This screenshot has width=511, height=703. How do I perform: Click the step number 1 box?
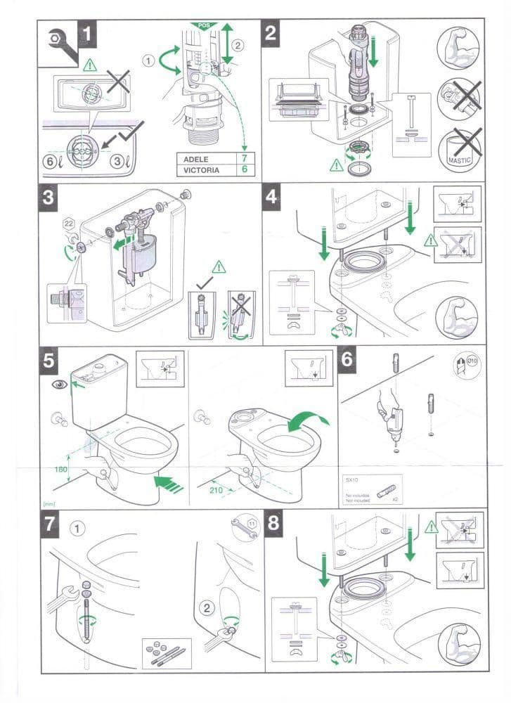86,33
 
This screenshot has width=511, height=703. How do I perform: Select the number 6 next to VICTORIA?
244,170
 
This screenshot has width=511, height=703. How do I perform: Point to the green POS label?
205,25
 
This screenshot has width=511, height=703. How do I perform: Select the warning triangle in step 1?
89,65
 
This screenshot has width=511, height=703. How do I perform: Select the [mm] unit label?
49,503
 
